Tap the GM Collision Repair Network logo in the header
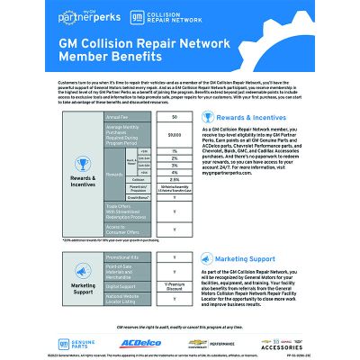coord(158,16)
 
